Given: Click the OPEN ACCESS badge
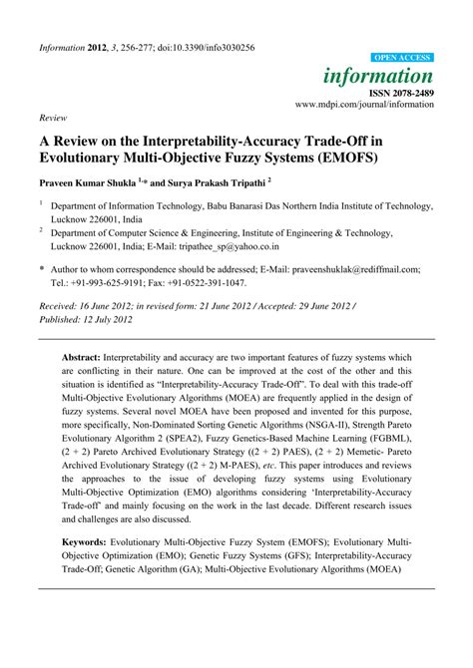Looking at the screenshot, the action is pos(402,59).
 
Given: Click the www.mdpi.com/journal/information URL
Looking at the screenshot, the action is pos(364,104).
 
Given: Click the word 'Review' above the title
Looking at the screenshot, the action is pos(52,117).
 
